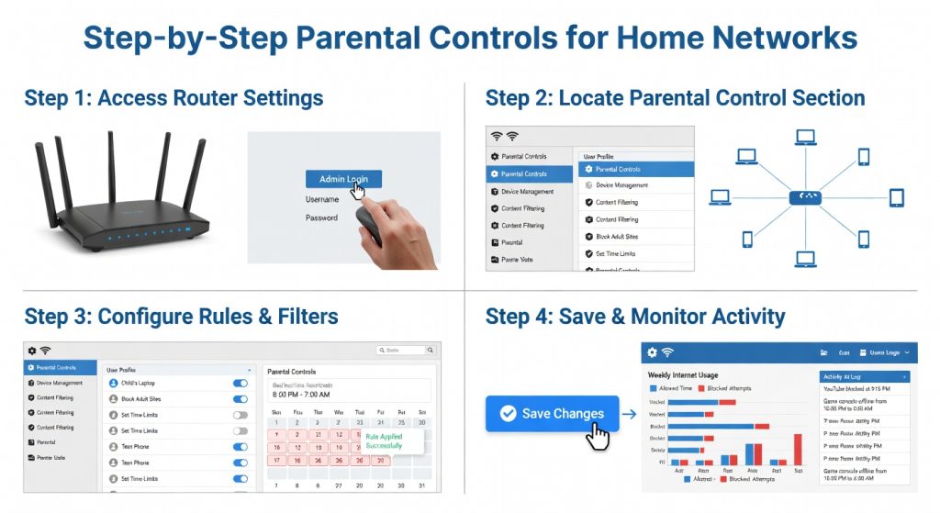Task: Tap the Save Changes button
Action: tap(552, 414)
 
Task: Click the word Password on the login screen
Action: tap(321, 218)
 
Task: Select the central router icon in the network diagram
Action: tap(804, 196)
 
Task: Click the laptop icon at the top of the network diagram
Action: tap(805, 138)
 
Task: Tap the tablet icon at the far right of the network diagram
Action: tap(896, 197)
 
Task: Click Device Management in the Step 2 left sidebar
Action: tap(526, 192)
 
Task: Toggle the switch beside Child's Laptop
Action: tap(240, 383)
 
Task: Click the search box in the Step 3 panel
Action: tap(401, 350)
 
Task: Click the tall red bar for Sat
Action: tap(797, 450)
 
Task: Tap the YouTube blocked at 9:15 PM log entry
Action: tap(863, 388)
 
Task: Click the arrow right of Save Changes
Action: tap(628, 414)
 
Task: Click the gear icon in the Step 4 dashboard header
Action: tap(652, 352)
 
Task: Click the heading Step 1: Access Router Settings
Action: tap(174, 98)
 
